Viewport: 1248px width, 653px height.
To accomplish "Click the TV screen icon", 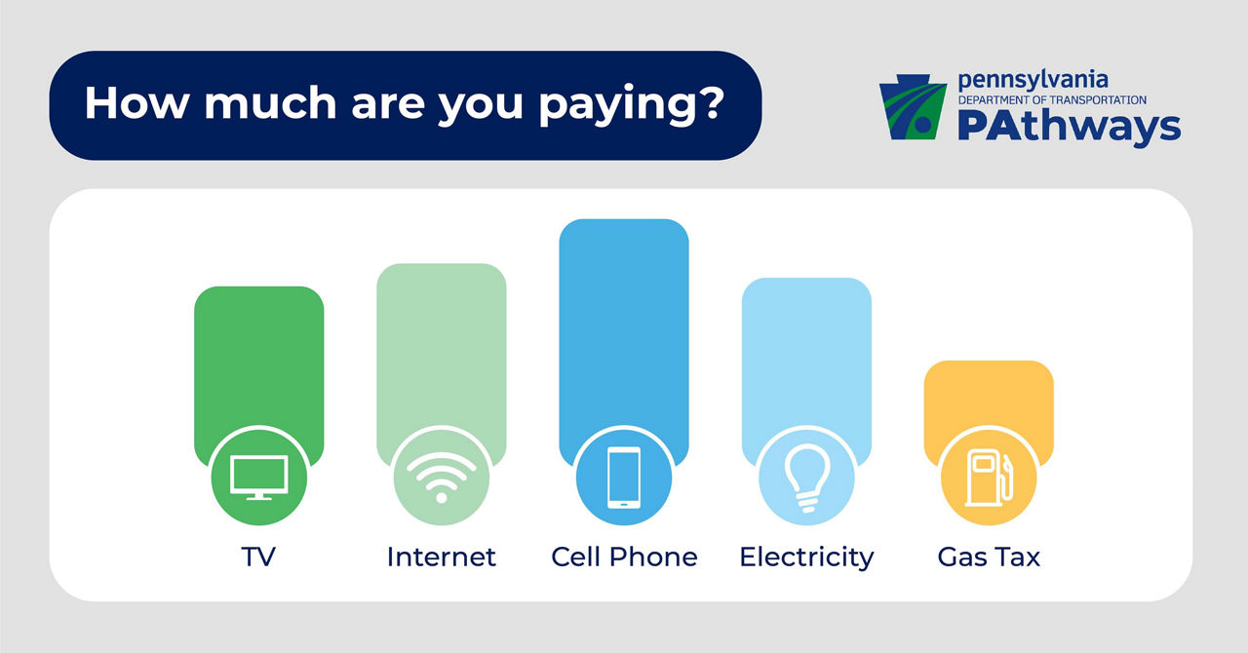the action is coord(259,478).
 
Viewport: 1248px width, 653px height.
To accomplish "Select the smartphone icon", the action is coord(624,478).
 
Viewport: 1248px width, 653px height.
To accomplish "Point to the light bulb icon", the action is coord(806,478).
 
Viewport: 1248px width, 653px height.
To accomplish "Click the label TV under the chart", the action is coord(258,557).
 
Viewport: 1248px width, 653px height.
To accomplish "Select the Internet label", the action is coord(442,557).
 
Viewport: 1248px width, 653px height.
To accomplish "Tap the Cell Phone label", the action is coord(624,557).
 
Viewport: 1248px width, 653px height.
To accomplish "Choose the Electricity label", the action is coord(806,557).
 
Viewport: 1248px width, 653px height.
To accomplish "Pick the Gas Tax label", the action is coord(989,557).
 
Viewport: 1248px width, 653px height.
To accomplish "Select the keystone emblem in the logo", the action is coord(913,107).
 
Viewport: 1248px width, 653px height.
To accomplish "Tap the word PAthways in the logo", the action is coord(1070,127).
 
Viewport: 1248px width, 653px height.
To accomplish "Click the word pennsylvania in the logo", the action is coord(1033,81).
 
